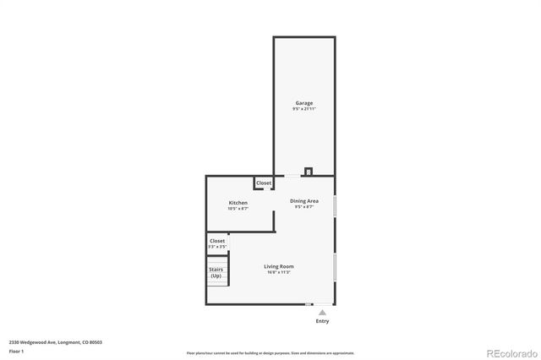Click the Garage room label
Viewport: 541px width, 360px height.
303,103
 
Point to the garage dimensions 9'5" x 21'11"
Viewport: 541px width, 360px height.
303,110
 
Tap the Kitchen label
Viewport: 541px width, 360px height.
238,203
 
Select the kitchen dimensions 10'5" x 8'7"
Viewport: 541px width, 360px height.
238,209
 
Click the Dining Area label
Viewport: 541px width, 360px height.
304,201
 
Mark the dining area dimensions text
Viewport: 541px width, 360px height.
304,207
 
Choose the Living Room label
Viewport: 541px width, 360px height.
279,266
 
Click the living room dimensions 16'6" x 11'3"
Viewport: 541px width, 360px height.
279,272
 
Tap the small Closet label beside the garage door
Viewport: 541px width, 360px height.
264,183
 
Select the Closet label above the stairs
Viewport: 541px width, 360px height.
217,241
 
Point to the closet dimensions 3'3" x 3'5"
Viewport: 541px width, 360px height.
217,247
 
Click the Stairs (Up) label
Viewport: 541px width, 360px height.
216,273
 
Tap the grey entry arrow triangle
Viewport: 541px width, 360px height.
322,313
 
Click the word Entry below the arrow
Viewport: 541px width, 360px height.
322,321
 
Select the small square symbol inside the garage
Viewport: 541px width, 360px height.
309,171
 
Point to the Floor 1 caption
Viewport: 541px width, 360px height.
16,351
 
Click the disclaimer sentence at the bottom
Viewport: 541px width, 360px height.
270,352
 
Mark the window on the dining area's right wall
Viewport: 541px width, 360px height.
335,207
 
